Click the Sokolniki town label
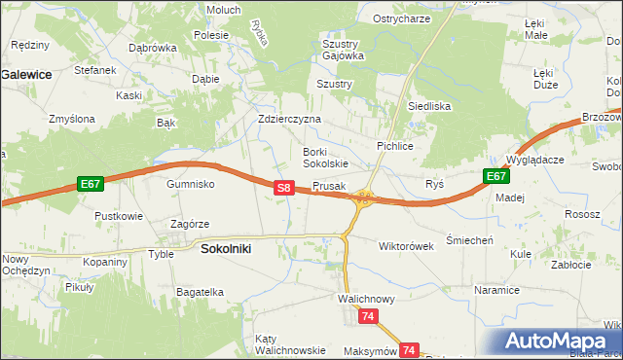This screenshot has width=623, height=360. (226, 248)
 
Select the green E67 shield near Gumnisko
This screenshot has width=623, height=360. (91, 183)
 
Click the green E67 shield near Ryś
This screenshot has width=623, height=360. (496, 176)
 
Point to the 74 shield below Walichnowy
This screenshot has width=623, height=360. (368, 316)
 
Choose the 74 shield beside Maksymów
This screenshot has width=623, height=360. (410, 349)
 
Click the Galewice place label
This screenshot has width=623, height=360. (26, 73)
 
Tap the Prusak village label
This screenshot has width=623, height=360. (329, 186)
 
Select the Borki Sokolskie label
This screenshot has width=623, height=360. (325, 158)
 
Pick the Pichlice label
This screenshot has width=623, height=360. (395, 145)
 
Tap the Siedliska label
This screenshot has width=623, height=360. (429, 106)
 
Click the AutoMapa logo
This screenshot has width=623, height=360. (559, 342)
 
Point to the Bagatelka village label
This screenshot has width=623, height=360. (201, 291)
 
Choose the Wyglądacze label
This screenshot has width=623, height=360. (535, 159)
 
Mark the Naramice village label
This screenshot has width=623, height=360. (496, 290)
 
